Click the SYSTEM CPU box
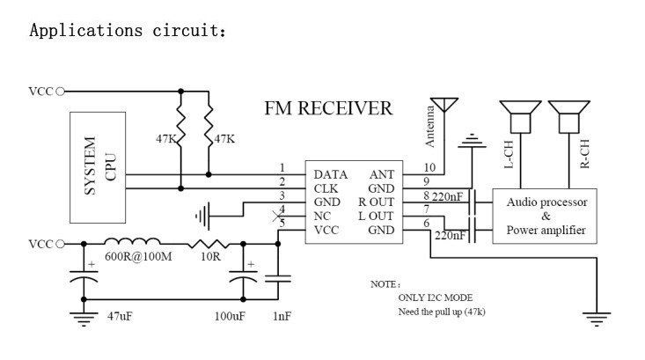pos(98,167)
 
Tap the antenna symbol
pos(444,105)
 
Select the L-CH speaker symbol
pos(520,117)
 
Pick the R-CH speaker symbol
pos(569,117)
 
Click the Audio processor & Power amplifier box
pos(545,216)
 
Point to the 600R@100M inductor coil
pos(132,241)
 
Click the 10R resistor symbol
pos(209,244)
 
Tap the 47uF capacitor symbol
pos(84,276)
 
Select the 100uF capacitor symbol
pos(243,276)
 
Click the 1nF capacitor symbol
pos(278,278)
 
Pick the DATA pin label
pos(330,175)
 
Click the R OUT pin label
pos(376,202)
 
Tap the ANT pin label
pos(382,175)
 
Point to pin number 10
pos(429,167)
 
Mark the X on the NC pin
pos(278,216)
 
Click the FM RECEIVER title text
pos(328,108)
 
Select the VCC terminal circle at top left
pos(60,92)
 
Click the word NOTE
pos(384,284)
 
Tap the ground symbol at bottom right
pos(597,320)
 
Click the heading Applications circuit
pos(128,31)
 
